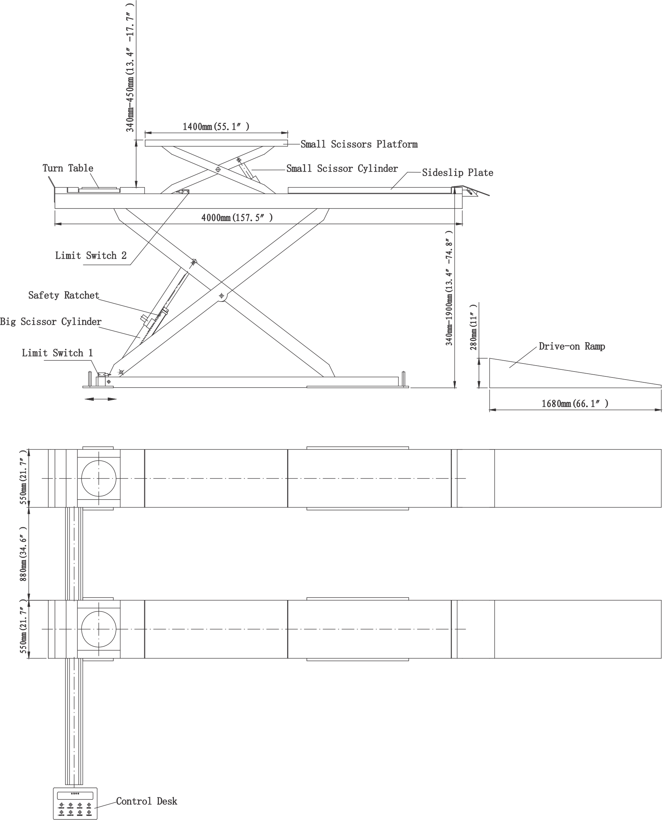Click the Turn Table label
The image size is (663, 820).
click(68, 168)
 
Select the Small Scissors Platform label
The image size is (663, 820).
click(359, 144)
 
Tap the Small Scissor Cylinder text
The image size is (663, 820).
click(342, 168)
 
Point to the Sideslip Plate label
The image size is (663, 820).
click(458, 172)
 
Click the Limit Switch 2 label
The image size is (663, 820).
click(91, 255)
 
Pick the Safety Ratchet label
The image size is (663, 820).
click(64, 295)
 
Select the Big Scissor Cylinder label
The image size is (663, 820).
click(51, 321)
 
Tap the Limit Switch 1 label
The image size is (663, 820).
click(57, 353)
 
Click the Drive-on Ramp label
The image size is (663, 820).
click(572, 346)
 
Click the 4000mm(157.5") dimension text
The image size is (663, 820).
click(237, 218)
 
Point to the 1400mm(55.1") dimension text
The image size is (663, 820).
click(216, 126)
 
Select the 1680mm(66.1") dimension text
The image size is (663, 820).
click(575, 404)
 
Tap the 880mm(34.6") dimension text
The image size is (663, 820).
click(23, 554)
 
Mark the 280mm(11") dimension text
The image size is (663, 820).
click(474, 327)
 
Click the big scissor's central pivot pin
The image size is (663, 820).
click(221, 296)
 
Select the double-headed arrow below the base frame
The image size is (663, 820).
click(100, 399)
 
